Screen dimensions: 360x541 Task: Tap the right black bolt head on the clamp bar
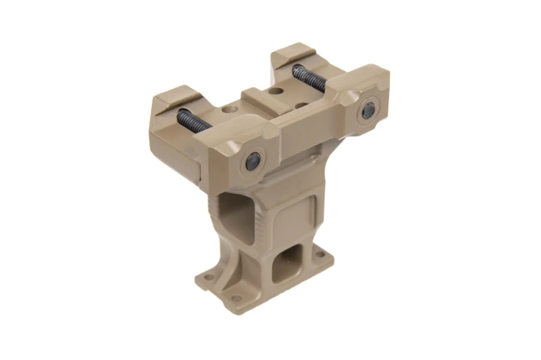[368, 111]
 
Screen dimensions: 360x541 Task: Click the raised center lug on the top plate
[267, 100]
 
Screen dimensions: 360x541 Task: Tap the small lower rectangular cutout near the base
[283, 266]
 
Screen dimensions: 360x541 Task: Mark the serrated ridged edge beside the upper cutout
[215, 218]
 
